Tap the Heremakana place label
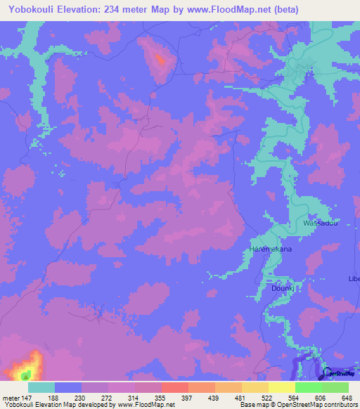(271, 250)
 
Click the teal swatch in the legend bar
(41, 387)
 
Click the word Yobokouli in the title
(33, 10)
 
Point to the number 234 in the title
(126, 10)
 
